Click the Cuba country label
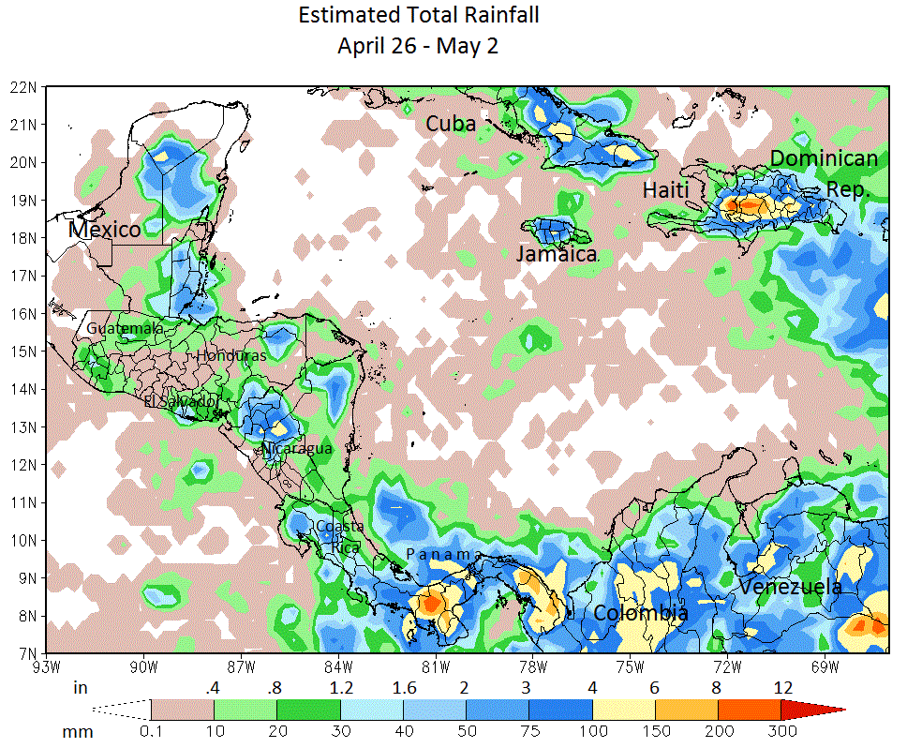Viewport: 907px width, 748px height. [451, 124]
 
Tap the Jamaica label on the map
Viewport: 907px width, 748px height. [557, 254]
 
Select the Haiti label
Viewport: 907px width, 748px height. [666, 190]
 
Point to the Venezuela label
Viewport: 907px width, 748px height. [790, 587]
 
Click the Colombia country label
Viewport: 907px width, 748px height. [641, 614]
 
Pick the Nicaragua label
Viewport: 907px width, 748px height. [297, 449]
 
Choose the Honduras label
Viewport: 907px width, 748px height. [231, 356]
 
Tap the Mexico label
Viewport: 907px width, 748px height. [105, 230]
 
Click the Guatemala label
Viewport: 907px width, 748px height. [125, 329]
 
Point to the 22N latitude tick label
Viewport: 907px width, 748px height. [23, 86]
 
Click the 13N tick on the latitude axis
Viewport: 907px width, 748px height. [23, 427]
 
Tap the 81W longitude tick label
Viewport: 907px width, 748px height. [435, 667]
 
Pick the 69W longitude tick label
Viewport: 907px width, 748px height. [825, 667]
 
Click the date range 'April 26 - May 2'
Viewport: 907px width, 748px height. [418, 47]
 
